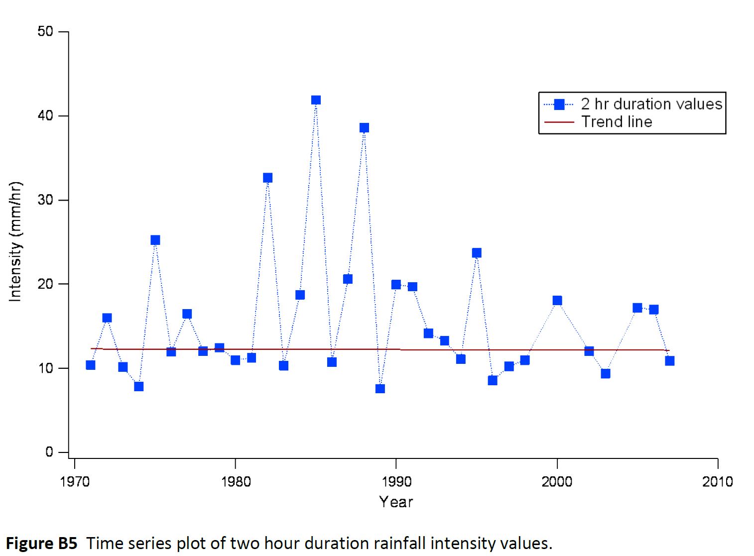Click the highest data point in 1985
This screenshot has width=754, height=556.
[316, 100]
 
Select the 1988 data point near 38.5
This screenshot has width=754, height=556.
[364, 128]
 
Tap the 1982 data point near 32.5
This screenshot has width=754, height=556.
[267, 178]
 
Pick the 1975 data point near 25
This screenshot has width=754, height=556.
[155, 240]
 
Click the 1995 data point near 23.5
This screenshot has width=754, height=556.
[477, 253]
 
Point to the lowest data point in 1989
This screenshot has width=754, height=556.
[380, 388]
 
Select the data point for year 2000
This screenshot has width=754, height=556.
[557, 300]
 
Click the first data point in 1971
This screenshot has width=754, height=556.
[90, 365]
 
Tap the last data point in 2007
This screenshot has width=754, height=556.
[669, 360]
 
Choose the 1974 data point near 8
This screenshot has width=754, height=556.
[138, 386]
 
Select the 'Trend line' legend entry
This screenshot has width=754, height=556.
[617, 122]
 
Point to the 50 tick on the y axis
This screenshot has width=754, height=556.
[45, 31]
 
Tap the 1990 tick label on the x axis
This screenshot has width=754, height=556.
[396, 481]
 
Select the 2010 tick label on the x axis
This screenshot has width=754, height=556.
[717, 481]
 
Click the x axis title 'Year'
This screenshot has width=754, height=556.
[396, 502]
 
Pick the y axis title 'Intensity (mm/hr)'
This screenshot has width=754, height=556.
[15, 241]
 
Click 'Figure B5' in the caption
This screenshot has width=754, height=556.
[42, 543]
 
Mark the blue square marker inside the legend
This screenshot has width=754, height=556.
[559, 104]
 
